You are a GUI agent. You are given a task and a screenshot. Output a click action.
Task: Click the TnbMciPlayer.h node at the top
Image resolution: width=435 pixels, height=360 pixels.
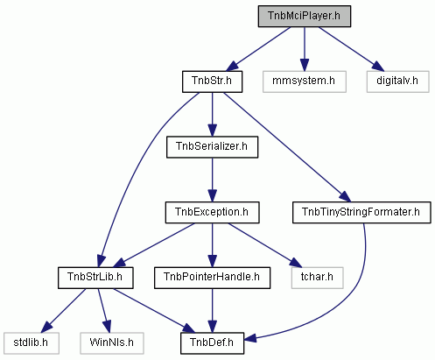[305, 16]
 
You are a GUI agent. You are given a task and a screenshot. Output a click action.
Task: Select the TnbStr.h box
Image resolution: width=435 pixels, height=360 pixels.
[212, 81]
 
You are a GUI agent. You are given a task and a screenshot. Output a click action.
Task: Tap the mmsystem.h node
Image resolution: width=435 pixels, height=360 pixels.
[305, 81]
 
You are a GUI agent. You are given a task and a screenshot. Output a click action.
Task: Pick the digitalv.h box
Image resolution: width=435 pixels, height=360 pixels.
[397, 81]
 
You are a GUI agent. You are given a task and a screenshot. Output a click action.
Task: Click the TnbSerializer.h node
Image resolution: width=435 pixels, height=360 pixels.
[212, 147]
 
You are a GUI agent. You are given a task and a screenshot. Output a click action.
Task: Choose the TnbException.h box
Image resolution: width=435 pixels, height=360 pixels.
[212, 212]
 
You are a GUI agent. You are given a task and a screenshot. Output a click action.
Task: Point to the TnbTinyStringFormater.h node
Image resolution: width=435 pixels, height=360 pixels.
[361, 212]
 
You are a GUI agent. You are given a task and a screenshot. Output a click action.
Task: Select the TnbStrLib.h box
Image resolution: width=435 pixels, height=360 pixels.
[95, 278]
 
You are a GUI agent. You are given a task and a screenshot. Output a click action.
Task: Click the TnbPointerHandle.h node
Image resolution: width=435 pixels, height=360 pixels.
[212, 278]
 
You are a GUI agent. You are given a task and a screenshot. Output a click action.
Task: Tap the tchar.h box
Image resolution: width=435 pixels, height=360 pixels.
[317, 278]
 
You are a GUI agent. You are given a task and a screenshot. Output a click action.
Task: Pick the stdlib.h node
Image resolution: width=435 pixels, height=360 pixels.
[32, 343]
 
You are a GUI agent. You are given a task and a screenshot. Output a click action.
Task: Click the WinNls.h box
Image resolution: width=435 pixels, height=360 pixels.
[112, 343]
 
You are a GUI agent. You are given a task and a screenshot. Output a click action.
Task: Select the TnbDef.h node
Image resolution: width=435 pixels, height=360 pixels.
[212, 343]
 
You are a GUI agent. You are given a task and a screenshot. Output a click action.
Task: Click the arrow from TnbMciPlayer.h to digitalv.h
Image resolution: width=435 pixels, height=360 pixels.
[351, 49]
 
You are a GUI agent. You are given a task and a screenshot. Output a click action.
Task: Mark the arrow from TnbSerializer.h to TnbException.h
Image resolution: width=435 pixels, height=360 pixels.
[212, 180]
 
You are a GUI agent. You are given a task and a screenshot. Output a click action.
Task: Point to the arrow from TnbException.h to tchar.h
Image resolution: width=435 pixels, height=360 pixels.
[264, 245]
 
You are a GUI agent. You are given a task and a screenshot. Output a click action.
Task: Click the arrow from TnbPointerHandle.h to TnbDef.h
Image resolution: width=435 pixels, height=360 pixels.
[212, 311]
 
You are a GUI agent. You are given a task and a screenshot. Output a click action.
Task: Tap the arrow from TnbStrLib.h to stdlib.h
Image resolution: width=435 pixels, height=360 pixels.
[63, 311]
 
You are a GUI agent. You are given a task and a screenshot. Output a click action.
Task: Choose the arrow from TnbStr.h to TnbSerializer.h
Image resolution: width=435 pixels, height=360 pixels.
[212, 115]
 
